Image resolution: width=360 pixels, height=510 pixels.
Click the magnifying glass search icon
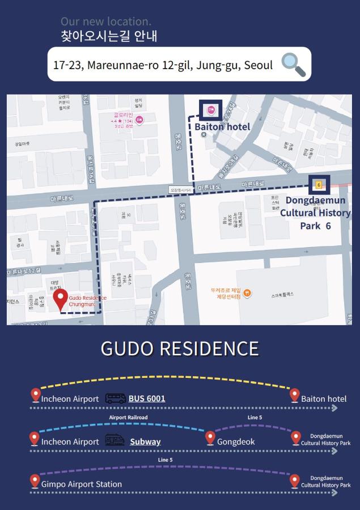[x=293, y=65]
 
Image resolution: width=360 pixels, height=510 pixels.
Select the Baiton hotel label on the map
[x=222, y=126]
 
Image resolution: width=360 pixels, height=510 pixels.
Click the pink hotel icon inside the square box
[x=210, y=109]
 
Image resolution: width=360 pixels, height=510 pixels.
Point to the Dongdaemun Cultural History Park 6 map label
[x=315, y=212]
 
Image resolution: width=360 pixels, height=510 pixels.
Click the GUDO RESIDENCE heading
[x=180, y=348]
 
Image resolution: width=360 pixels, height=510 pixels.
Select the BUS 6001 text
[x=147, y=398]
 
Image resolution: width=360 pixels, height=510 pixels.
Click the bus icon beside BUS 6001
[x=116, y=398]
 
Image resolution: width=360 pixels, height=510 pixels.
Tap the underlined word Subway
[x=145, y=441]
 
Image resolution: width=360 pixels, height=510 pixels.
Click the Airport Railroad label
[x=128, y=418]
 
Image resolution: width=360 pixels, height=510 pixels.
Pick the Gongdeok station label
[x=236, y=441]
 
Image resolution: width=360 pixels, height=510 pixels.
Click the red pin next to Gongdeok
[x=210, y=438]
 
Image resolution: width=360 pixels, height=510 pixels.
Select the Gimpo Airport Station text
[x=81, y=484]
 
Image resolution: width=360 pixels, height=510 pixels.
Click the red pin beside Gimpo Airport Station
[x=35, y=481]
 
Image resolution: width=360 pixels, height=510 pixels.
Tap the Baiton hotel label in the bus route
[x=324, y=398]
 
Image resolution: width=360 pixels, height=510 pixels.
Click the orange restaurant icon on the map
[x=247, y=293]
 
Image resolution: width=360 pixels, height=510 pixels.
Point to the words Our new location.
[x=106, y=22]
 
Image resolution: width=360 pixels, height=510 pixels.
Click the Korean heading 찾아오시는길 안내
[x=109, y=36]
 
